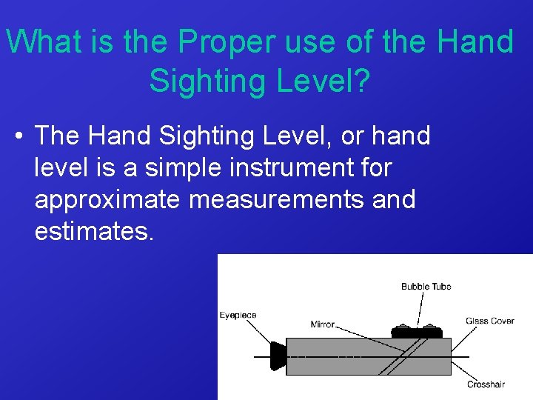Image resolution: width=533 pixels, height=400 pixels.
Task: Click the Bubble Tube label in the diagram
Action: click(x=426, y=287)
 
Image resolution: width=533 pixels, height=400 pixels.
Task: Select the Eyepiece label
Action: click(x=238, y=315)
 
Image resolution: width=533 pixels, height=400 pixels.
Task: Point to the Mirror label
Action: click(x=323, y=324)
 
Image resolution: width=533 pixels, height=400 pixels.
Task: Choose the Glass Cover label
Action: click(x=489, y=321)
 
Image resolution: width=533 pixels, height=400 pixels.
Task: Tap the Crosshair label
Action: click(x=486, y=384)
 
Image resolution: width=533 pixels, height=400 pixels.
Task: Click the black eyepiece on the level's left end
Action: click(x=278, y=356)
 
